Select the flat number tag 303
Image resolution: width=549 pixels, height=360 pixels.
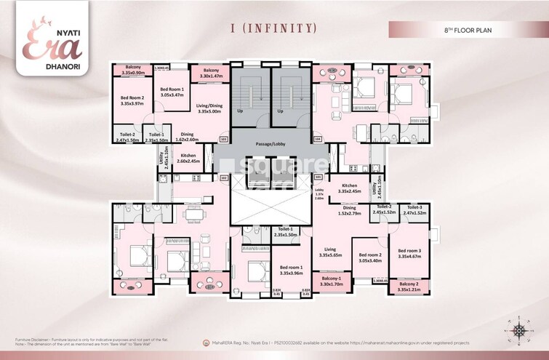(x=223, y=137)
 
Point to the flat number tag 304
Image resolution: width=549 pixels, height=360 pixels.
(x=317, y=137)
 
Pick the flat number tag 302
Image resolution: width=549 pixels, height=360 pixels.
(x=224, y=177)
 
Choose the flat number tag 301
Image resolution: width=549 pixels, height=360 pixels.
(x=318, y=177)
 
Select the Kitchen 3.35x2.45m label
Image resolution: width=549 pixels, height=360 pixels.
(x=350, y=188)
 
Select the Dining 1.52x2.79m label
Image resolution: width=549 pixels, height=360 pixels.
(x=353, y=212)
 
